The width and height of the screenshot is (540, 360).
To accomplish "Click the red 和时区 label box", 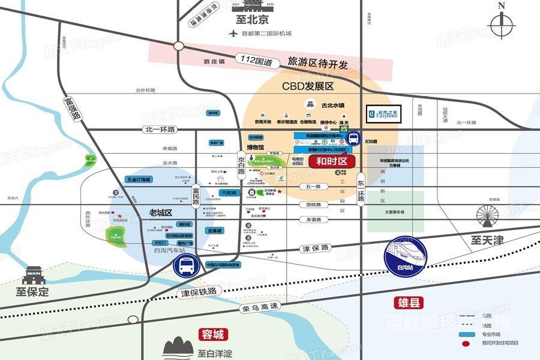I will click(x=332, y=161).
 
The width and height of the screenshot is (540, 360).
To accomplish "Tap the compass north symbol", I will click(x=502, y=24).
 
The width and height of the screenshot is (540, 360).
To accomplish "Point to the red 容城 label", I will click(x=212, y=334).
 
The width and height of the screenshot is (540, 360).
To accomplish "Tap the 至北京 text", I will click(x=253, y=20).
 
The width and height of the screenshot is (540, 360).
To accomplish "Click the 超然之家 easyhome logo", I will click(x=391, y=113).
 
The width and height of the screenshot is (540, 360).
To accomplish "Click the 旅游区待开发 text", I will click(x=318, y=62).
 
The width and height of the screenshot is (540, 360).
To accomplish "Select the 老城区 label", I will click(x=161, y=212).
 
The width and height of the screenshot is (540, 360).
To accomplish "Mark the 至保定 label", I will click(x=32, y=293).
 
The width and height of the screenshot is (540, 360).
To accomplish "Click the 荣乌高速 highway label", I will click(x=260, y=307).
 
